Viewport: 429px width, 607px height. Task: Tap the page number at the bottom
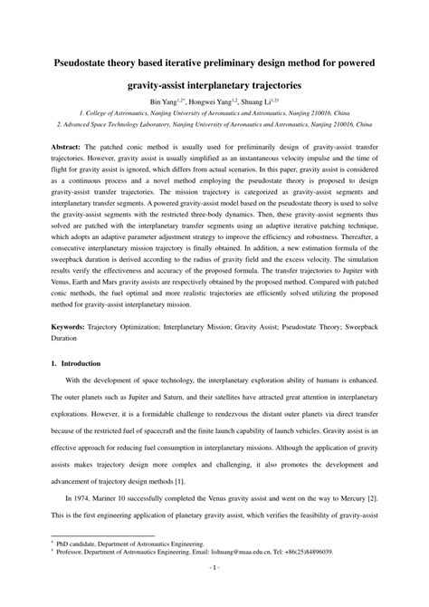[x=214, y=593]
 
